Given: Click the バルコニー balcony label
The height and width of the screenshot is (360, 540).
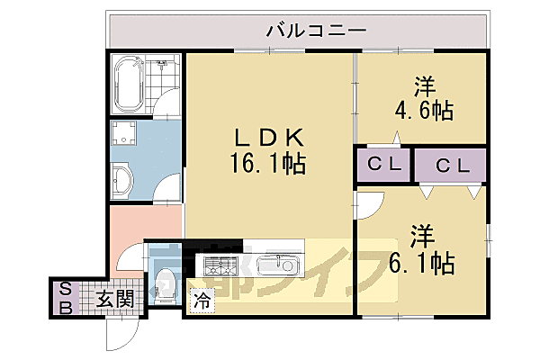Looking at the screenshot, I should [316, 31].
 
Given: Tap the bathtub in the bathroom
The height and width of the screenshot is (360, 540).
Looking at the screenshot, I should [130, 84].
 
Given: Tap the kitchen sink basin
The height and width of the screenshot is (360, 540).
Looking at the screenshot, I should [276, 266].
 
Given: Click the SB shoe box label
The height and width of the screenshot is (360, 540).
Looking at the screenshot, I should [65, 296].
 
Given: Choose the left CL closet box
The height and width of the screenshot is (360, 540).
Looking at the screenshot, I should [382, 166].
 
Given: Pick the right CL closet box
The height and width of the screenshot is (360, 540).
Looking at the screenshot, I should [450, 166].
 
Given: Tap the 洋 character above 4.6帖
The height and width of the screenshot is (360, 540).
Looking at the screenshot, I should [424, 87].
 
